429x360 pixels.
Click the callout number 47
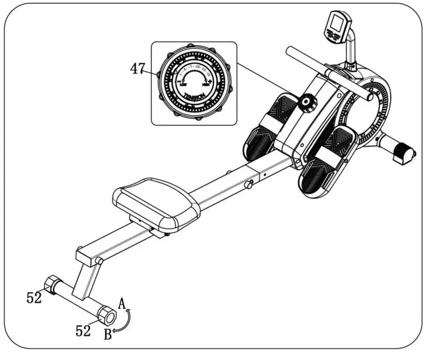point(138,69)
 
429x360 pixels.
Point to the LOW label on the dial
point(183,84)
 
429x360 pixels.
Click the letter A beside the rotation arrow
point(122,303)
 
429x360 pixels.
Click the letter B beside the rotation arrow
point(107,335)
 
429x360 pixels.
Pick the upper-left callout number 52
point(35,298)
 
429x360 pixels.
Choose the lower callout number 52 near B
point(83,331)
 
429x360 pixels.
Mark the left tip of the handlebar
point(289,52)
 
